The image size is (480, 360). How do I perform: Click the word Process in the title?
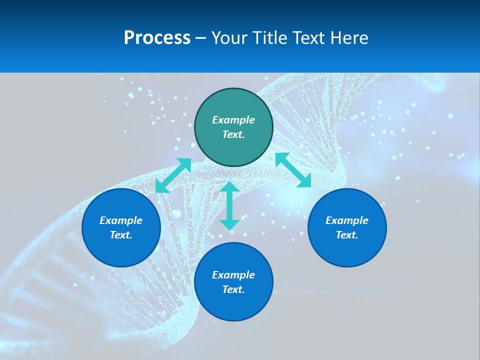[x=157, y=38]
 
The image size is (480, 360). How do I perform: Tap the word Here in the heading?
[x=348, y=38]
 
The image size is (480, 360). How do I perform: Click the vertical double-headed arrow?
[x=229, y=205]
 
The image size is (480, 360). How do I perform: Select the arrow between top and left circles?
[x=173, y=175]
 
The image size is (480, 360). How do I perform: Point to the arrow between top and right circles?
[x=293, y=170]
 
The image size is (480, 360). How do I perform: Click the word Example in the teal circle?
[x=233, y=120]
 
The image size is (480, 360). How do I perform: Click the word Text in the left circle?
[x=121, y=235]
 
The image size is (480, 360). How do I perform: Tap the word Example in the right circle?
[x=347, y=220]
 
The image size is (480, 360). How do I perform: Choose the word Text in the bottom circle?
[x=233, y=289]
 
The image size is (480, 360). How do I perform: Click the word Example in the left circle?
[x=121, y=220]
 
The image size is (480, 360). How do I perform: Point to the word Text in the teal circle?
[x=233, y=134]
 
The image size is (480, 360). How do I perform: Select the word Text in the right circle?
[x=347, y=235]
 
